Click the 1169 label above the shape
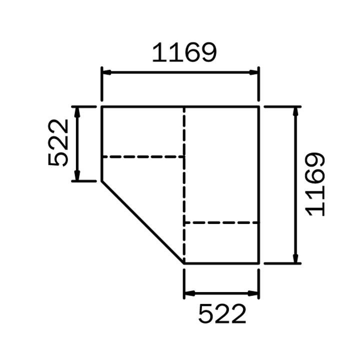pos(184,52)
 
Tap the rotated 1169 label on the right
pos(315,184)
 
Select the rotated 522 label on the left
pos(58,142)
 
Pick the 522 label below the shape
pos(222,313)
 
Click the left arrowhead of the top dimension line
pos(106,72)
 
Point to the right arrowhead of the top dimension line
pos(254,72)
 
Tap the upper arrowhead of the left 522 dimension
pos(77,112)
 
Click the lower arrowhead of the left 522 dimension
pos(77,175)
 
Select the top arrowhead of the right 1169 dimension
pos(295,112)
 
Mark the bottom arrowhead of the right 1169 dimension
pos(295,258)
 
